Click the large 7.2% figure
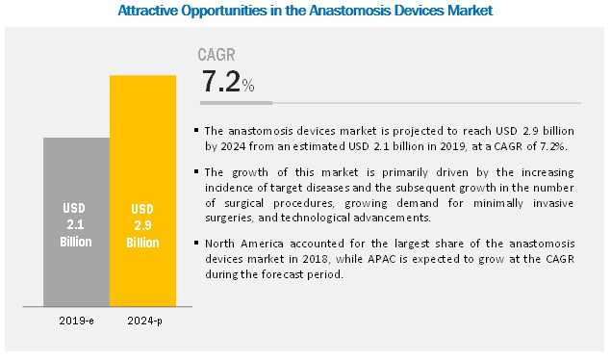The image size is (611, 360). point(227,83)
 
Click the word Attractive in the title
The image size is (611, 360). point(149,12)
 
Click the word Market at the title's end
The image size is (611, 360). point(468,12)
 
